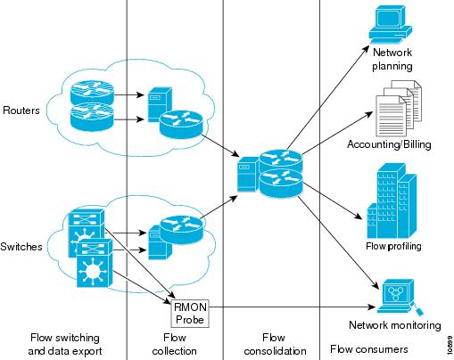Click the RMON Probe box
pyautogui.click(x=190, y=314)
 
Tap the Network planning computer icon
pyautogui.click(x=391, y=25)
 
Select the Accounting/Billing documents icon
pyautogui.click(x=399, y=108)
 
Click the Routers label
pyautogui.click(x=21, y=110)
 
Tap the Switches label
pyautogui.click(x=21, y=247)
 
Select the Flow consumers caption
pyautogui.click(x=369, y=349)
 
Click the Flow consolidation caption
pyautogui.click(x=275, y=344)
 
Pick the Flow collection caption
pyautogui.click(x=175, y=344)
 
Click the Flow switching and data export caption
pyautogui.click(x=65, y=344)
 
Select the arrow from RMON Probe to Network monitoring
pyautogui.click(x=293, y=307)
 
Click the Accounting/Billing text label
pyautogui.click(x=389, y=144)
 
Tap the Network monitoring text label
pyautogui.click(x=395, y=325)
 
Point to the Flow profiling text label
pyautogui.click(x=393, y=246)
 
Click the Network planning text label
pyautogui.click(x=392, y=59)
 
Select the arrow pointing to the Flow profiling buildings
pyautogui.click(x=333, y=200)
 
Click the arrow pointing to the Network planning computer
pyautogui.click(x=328, y=97)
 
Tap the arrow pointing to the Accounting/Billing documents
pyautogui.click(x=337, y=133)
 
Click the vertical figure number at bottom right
pyautogui.click(x=450, y=345)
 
